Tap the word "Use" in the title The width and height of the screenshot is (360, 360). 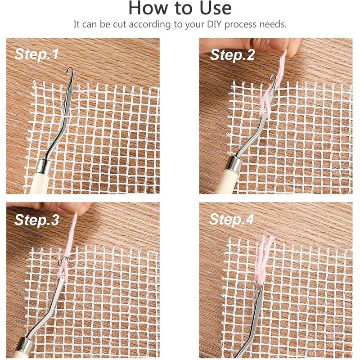216,8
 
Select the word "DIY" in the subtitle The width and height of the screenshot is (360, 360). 215,24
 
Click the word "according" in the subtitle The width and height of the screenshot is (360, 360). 150,25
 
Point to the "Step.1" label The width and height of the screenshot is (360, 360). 36,54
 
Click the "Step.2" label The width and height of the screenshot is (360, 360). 232,55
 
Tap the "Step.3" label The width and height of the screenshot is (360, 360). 37,220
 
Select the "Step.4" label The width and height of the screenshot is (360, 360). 231,219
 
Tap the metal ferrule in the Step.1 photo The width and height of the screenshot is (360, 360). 45,166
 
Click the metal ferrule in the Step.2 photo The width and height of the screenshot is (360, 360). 234,164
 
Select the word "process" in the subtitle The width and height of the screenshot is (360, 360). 240,25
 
